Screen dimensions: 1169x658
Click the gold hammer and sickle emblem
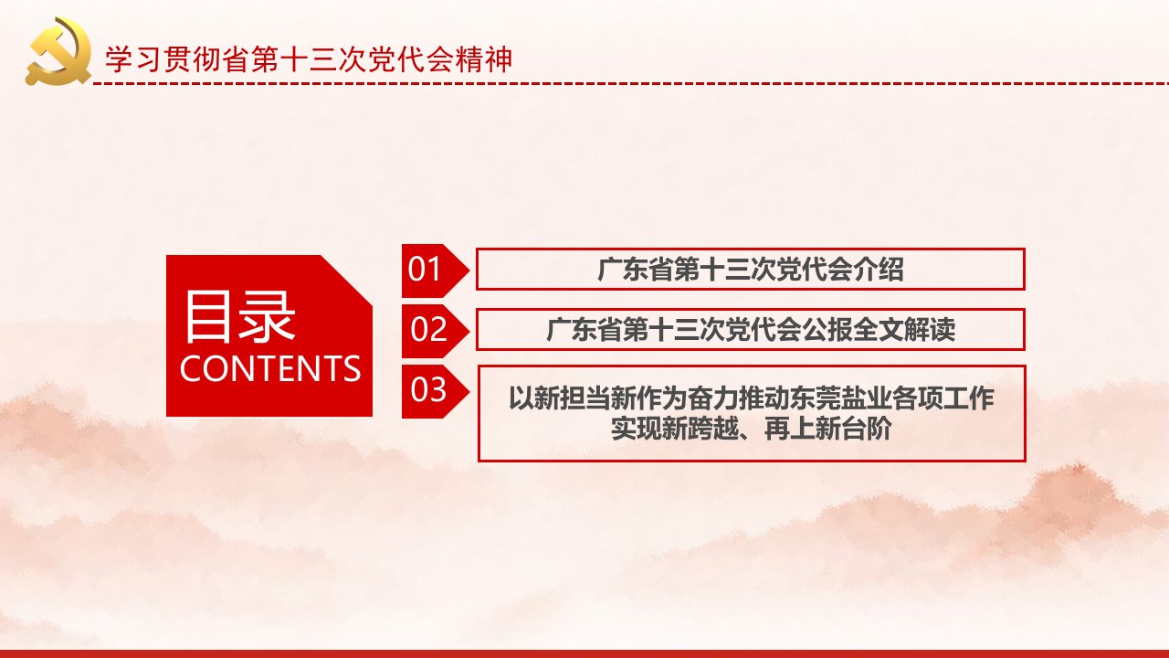(58, 51)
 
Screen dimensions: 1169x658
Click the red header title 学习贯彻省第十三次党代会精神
(309, 59)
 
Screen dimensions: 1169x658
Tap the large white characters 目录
(239, 317)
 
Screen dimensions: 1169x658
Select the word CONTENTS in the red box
(269, 368)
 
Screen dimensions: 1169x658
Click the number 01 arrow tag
(435, 271)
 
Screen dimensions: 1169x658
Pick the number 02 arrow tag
(435, 331)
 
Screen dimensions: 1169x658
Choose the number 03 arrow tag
(435, 391)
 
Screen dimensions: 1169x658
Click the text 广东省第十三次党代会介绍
(751, 270)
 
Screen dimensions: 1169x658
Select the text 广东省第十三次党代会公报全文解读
(751, 330)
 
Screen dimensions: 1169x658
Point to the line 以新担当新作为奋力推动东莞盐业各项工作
(752, 398)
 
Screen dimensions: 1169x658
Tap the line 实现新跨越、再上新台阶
(752, 429)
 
